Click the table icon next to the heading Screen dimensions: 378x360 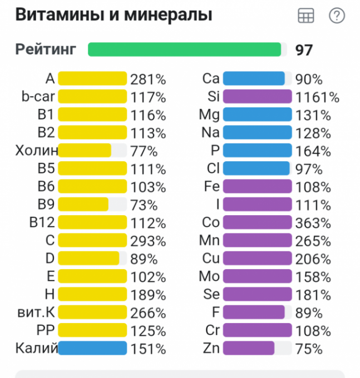click(306, 16)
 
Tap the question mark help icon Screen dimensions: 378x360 click(337, 16)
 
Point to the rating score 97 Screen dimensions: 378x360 click(304, 50)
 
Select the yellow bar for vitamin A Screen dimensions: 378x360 click(92, 78)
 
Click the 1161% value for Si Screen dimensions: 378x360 click(317, 97)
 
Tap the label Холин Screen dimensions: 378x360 click(37, 151)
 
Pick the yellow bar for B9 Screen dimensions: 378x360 click(83, 205)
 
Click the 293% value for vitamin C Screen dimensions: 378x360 click(148, 241)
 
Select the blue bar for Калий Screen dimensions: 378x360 click(92, 349)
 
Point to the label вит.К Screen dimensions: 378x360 click(36, 312)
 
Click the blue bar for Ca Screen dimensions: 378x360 click(254, 78)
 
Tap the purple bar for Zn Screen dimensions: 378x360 click(249, 349)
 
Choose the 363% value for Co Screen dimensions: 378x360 click(313, 223)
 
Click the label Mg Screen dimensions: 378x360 click(209, 115)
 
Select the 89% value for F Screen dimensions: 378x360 click(309, 312)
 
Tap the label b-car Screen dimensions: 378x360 click(38, 97)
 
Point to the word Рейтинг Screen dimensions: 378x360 click(45, 49)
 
